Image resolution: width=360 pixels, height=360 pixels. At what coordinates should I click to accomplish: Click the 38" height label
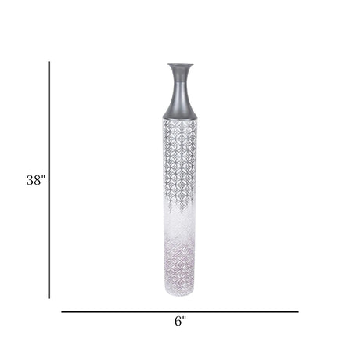click(36, 180)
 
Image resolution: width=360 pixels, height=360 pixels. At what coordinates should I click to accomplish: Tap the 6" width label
click(181, 321)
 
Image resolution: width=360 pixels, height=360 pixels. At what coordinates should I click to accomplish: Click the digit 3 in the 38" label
click(30, 180)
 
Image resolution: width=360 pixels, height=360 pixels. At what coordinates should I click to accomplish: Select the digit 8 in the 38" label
click(37, 180)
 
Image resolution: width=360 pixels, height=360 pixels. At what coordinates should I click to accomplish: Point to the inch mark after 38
click(44, 177)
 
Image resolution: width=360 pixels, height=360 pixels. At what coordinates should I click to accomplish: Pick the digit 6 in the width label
click(178, 321)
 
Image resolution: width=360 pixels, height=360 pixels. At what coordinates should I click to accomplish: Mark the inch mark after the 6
click(185, 318)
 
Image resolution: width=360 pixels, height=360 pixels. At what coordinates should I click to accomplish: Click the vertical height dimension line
click(49, 180)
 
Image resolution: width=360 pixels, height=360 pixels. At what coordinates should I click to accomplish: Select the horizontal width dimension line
click(180, 311)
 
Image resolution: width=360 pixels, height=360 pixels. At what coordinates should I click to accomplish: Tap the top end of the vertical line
click(49, 62)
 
